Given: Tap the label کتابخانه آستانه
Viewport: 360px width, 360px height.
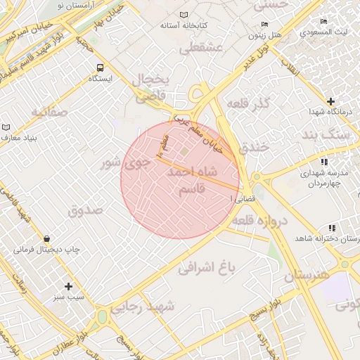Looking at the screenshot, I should click(x=183, y=25).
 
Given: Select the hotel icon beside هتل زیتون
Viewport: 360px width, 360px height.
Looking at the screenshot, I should click(x=253, y=22).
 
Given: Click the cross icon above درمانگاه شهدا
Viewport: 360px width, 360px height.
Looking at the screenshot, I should click(x=330, y=102).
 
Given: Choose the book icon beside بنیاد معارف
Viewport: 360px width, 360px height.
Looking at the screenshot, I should click(x=6, y=127).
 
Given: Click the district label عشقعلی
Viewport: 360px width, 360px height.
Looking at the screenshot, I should click(x=201, y=48).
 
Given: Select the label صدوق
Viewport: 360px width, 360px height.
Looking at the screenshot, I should click(x=85, y=210).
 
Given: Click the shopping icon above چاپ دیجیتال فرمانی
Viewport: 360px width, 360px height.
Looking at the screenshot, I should click(x=46, y=239).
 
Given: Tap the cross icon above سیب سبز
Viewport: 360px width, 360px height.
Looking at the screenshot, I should click(x=68, y=286).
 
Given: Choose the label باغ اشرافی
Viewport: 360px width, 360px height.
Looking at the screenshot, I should click(x=205, y=268).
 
